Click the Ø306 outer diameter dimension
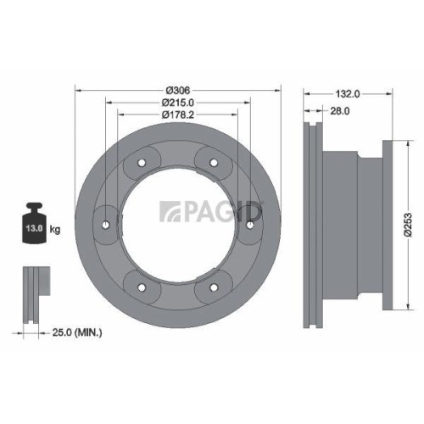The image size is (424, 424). click(177, 90)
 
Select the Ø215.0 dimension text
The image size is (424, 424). click(177, 102)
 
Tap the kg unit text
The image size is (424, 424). click(55, 230)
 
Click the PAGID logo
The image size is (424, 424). click(212, 210)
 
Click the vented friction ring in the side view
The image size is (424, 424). click(310, 225)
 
